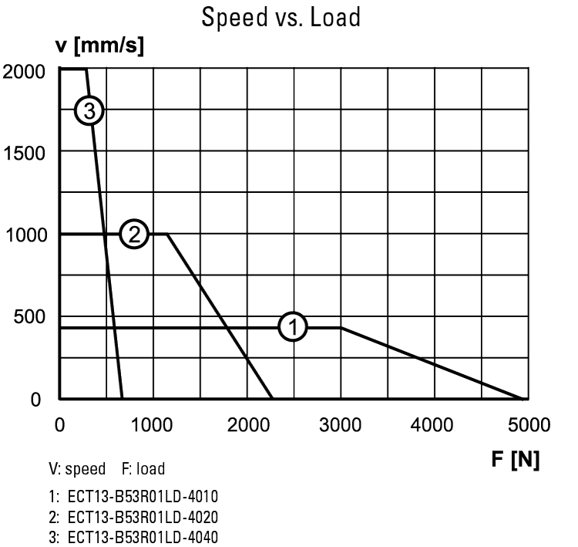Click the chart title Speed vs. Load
click(281, 17)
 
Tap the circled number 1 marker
click(293, 326)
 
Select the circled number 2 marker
click(134, 234)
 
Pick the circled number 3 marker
click(89, 112)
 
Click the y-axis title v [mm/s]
click(99, 46)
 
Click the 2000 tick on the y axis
click(24, 71)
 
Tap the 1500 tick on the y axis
click(24, 152)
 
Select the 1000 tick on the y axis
click(24, 235)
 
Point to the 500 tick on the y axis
click(29, 316)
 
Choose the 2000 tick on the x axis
click(247, 424)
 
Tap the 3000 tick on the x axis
click(341, 424)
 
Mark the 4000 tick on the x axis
click(435, 424)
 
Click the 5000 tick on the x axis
click(529, 424)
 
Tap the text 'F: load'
click(143, 469)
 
